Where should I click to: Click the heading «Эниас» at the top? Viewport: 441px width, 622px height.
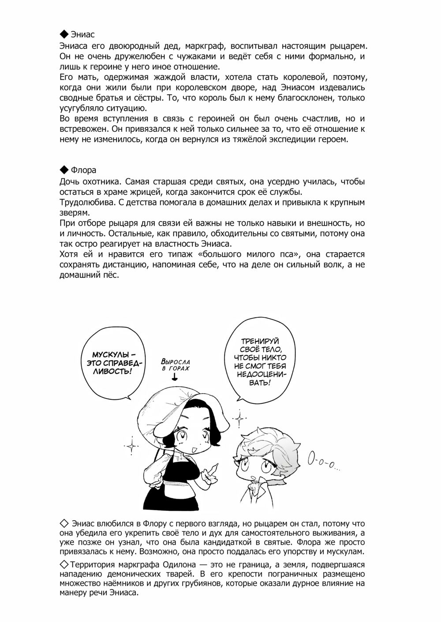click(82, 34)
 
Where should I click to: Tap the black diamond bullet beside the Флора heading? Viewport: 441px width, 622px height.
click(64, 170)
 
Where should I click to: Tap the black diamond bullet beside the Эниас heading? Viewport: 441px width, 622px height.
click(64, 34)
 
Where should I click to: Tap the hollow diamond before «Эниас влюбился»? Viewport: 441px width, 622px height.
click(64, 523)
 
